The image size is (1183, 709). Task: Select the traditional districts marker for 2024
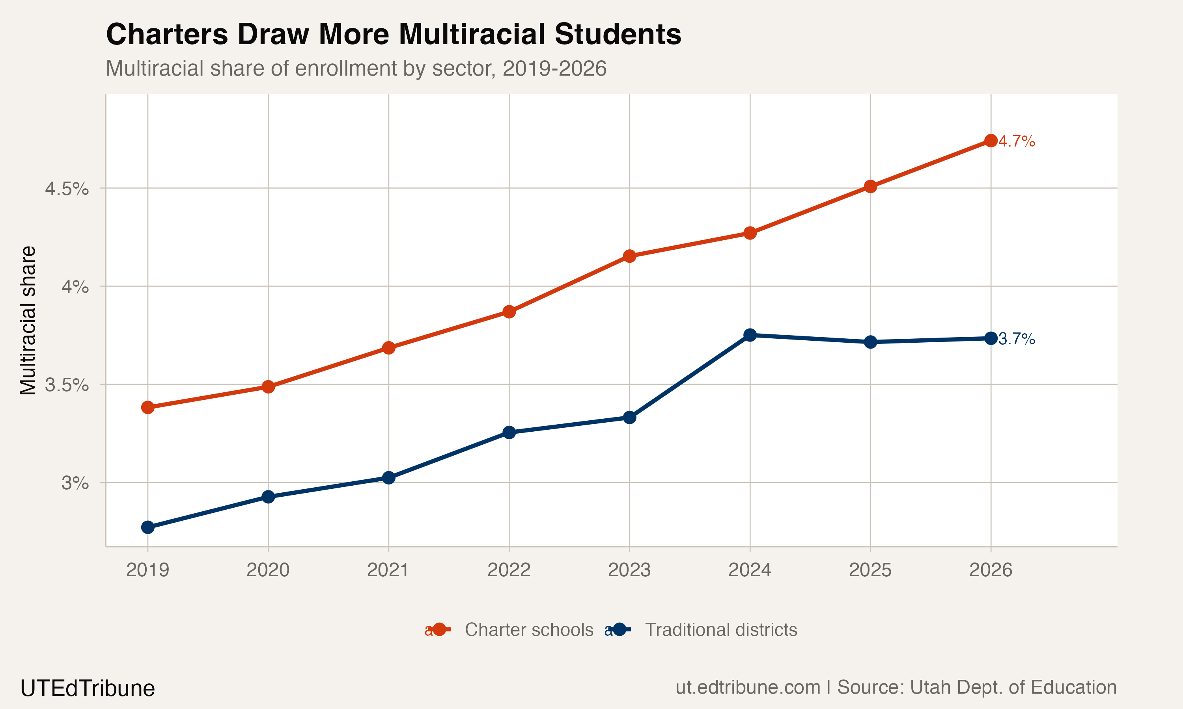750,335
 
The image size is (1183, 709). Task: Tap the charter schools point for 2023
629,256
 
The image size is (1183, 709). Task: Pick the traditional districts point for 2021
389,478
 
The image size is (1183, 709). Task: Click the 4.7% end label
1017,141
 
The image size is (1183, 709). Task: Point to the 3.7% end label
1017,339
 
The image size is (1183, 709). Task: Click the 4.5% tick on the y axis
67,189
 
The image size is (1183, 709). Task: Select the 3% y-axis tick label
75,483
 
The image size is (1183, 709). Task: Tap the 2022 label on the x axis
509,570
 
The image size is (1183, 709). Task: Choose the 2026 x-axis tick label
990,570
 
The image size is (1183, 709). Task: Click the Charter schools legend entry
528,630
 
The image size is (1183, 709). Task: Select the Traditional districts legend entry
720,630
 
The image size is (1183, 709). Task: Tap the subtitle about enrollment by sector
356,68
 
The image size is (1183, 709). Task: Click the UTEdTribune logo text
88,689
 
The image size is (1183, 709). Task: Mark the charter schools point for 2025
870,186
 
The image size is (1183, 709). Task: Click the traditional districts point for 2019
148,527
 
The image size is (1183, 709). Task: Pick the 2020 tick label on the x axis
268,570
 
